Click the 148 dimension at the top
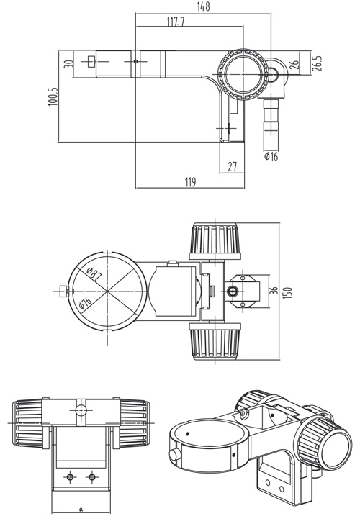pos(203,7)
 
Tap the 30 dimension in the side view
pos(68,63)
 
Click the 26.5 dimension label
pos(317,63)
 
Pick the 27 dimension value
pos(232,166)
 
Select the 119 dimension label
pos(190,183)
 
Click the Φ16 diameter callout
pos(271,156)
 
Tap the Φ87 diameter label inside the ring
pos(93,274)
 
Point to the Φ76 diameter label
pos(85,303)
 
